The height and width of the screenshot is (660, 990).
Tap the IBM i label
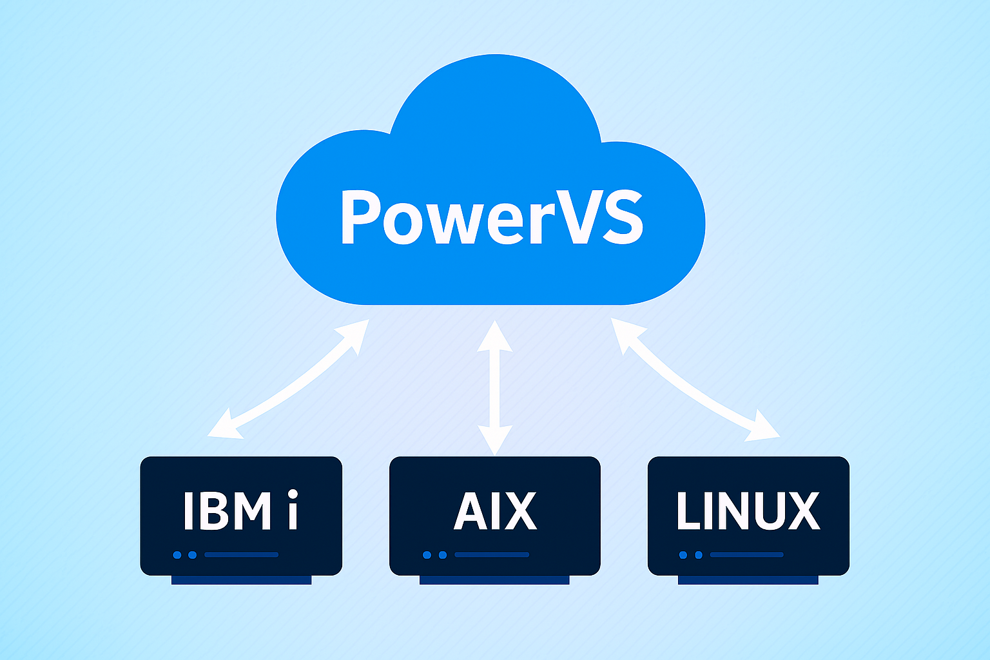240,510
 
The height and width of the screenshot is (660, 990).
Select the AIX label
495,510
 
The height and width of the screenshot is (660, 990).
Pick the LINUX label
748,510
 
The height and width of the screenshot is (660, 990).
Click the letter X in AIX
520,510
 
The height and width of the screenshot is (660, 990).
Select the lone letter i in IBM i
293,510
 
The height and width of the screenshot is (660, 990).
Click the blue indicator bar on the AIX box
492,554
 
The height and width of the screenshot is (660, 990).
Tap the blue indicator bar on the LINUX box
746,554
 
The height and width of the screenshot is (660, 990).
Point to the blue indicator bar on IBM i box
241,554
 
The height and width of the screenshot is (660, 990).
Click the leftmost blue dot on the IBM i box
177,555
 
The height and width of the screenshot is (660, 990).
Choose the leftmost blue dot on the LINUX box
683,555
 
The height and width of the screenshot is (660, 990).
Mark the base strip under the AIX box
494,580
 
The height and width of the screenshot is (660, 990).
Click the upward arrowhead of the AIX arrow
495,336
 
